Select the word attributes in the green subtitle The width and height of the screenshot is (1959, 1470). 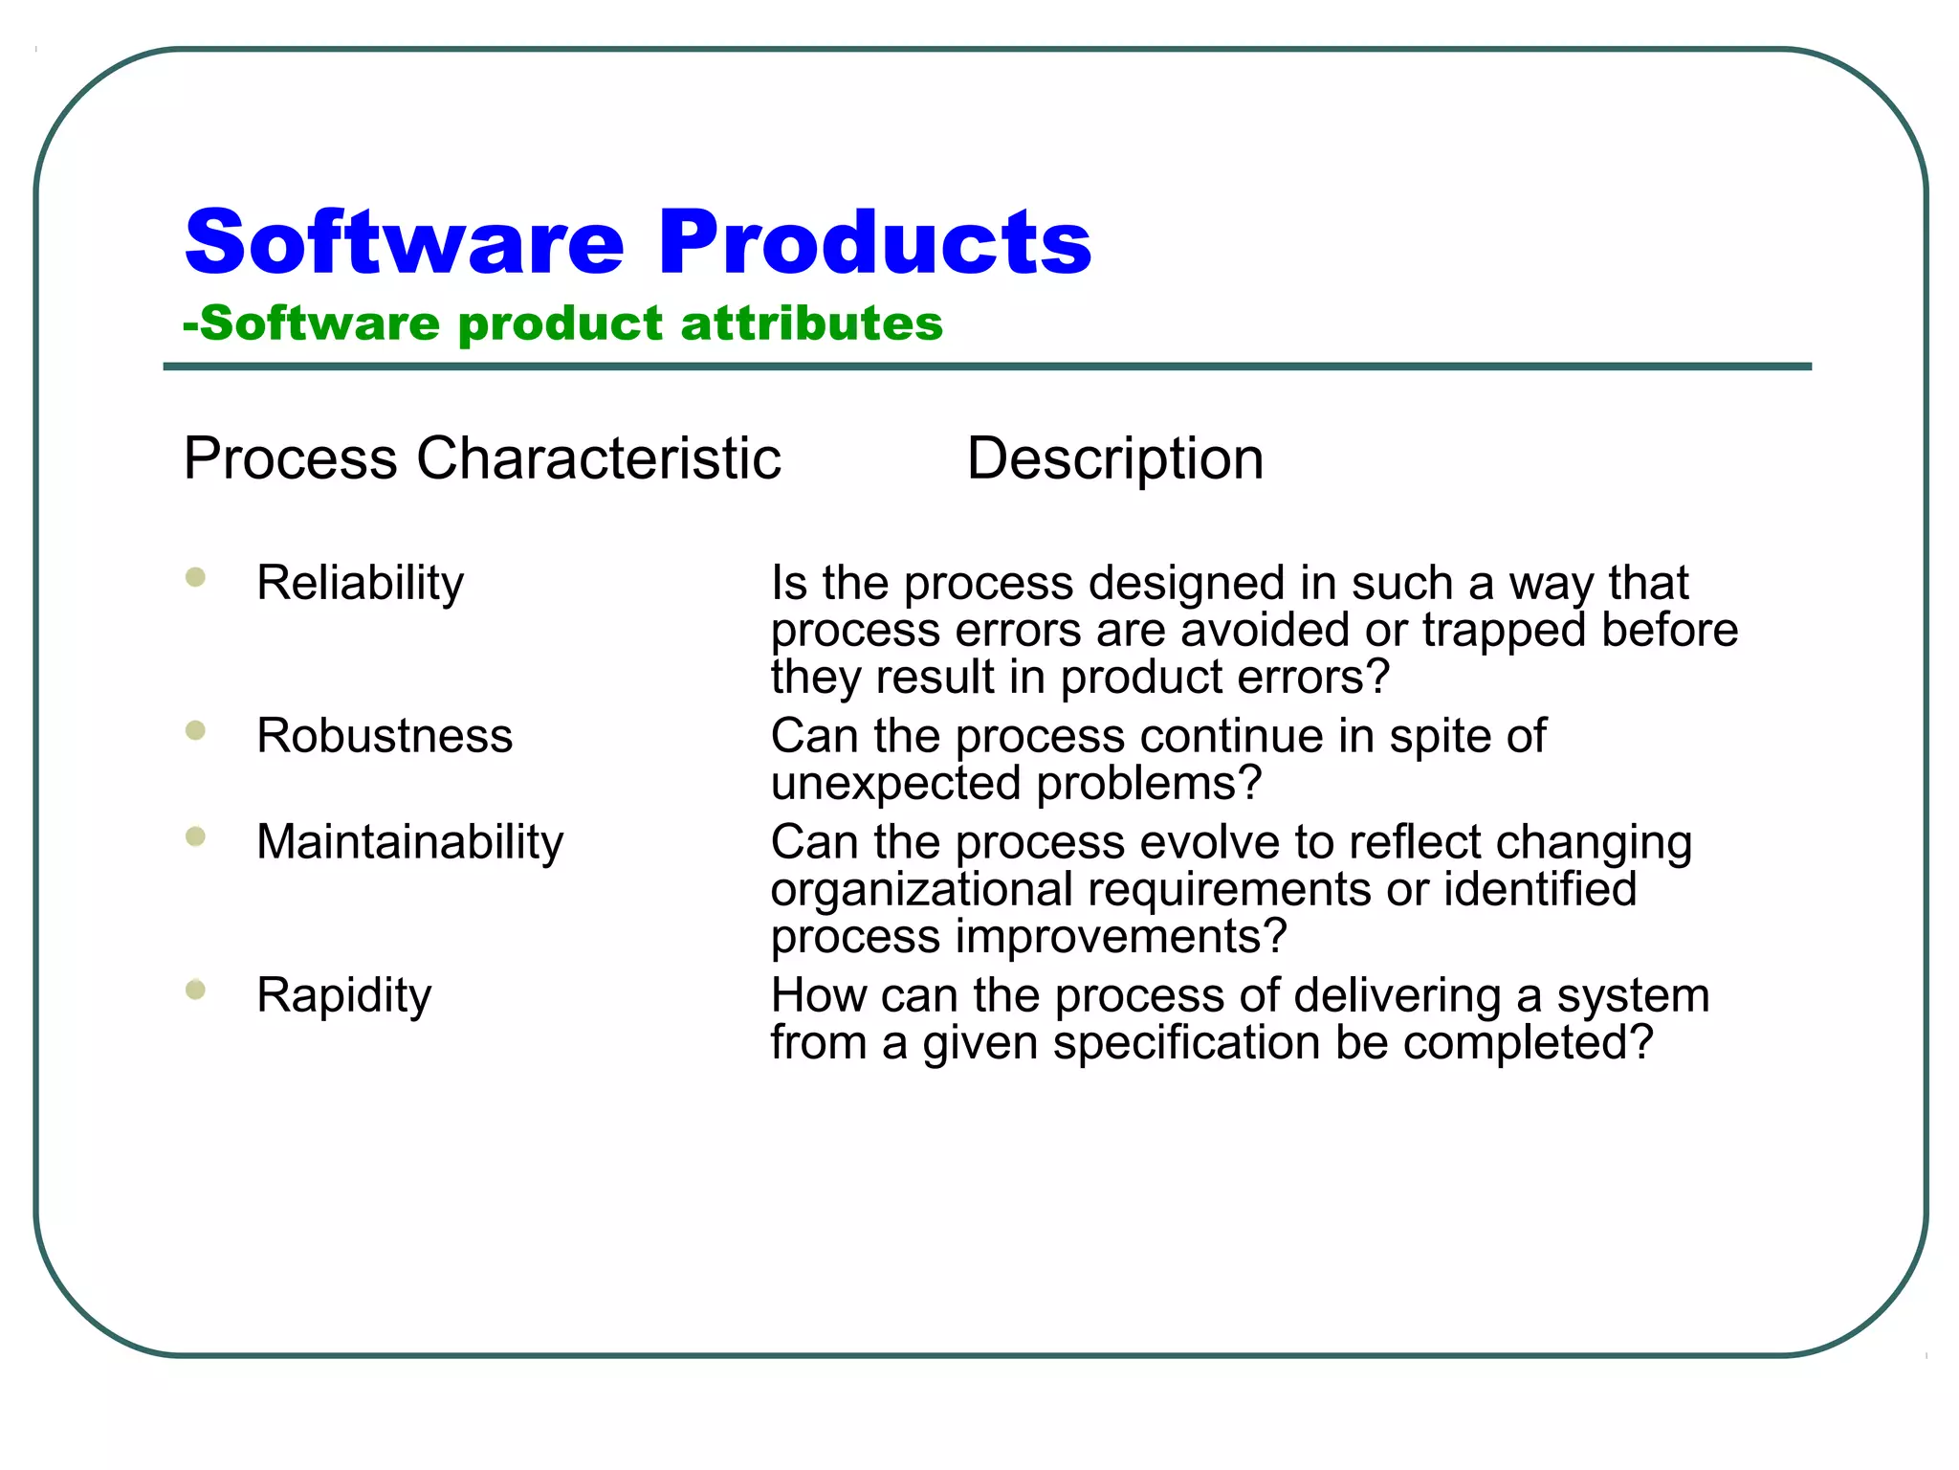[811, 323]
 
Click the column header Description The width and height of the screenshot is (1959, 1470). [1114, 458]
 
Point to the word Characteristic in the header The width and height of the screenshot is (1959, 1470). [598, 458]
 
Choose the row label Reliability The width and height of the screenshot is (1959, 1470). [360, 583]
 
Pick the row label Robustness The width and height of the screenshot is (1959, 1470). [385, 736]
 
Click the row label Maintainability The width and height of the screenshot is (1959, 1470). [409, 842]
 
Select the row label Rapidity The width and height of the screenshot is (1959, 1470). [343, 995]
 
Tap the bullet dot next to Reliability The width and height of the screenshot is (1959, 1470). [196, 577]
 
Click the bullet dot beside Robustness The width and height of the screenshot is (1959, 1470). [196, 731]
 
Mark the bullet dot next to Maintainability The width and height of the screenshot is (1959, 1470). [196, 837]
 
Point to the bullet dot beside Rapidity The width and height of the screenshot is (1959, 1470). [196, 990]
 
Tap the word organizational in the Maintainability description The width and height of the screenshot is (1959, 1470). [922, 889]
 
